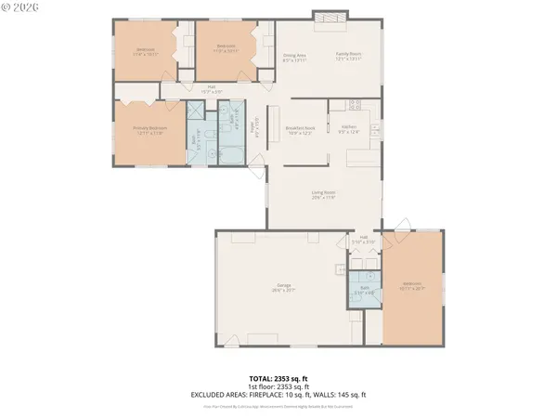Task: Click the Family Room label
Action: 347,58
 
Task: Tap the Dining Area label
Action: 294,58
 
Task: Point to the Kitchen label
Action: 349,128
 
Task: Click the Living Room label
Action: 323,194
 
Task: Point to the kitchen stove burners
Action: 367,120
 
